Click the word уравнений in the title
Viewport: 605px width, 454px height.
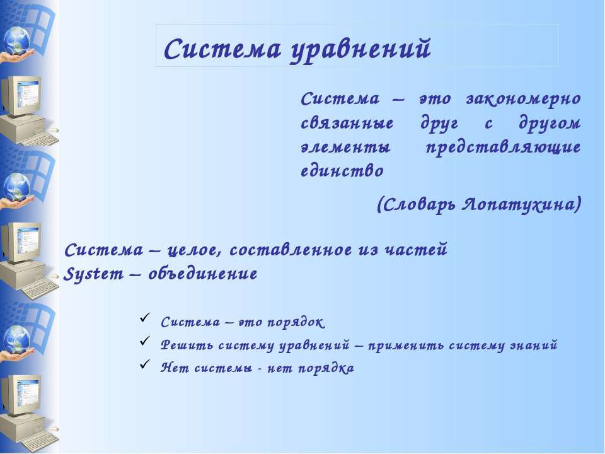(x=360, y=49)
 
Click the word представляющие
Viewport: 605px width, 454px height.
(x=503, y=148)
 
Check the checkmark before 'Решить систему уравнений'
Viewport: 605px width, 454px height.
(x=144, y=344)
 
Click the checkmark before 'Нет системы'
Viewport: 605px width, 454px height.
(x=144, y=367)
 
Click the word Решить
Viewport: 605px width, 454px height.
(x=180, y=346)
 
